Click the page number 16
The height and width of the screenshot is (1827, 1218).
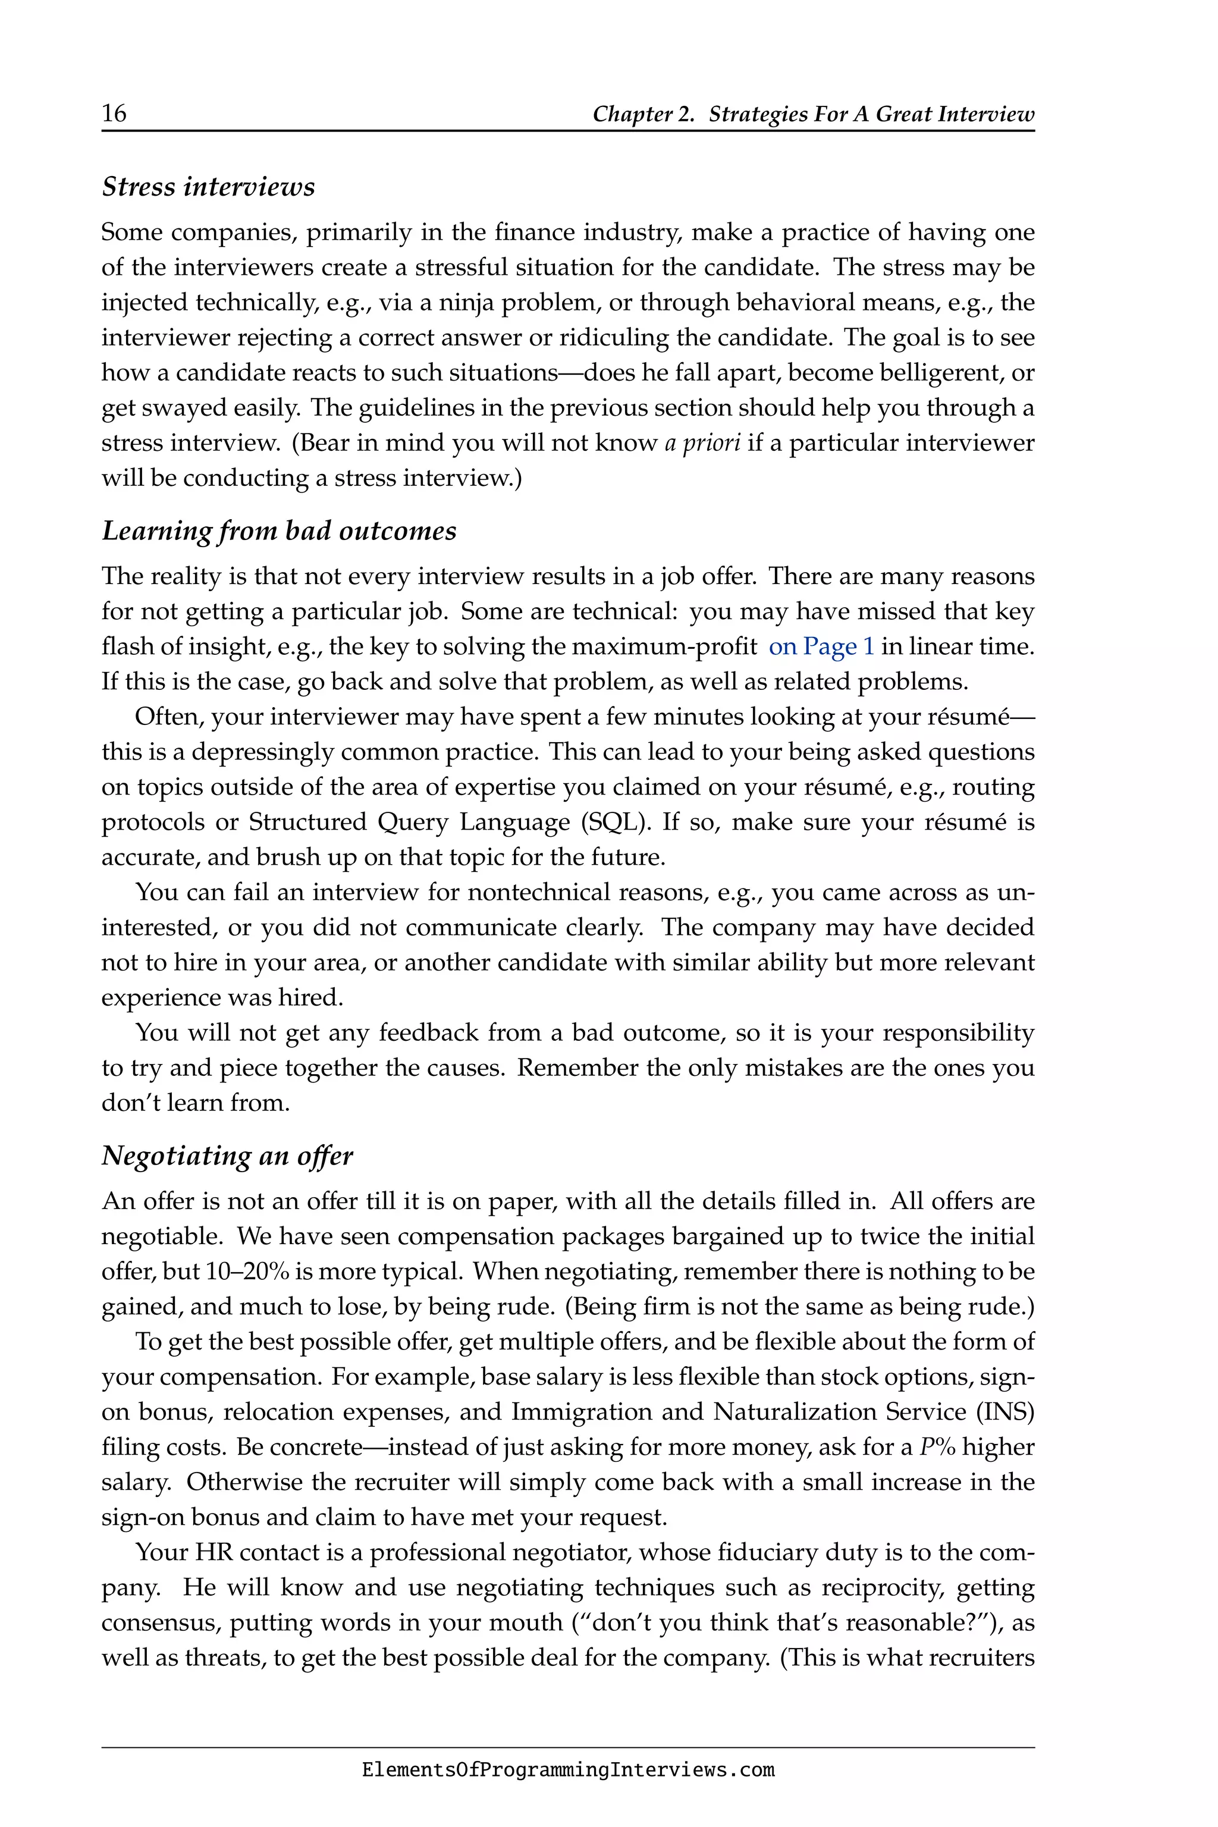click(x=114, y=114)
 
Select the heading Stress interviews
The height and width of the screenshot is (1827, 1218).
click(x=208, y=187)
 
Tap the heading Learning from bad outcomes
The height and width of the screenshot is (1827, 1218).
click(x=279, y=530)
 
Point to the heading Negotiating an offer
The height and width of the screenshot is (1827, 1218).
click(x=227, y=1156)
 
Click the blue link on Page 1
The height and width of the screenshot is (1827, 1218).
click(x=821, y=646)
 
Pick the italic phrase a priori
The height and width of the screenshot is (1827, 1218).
click(x=702, y=442)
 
